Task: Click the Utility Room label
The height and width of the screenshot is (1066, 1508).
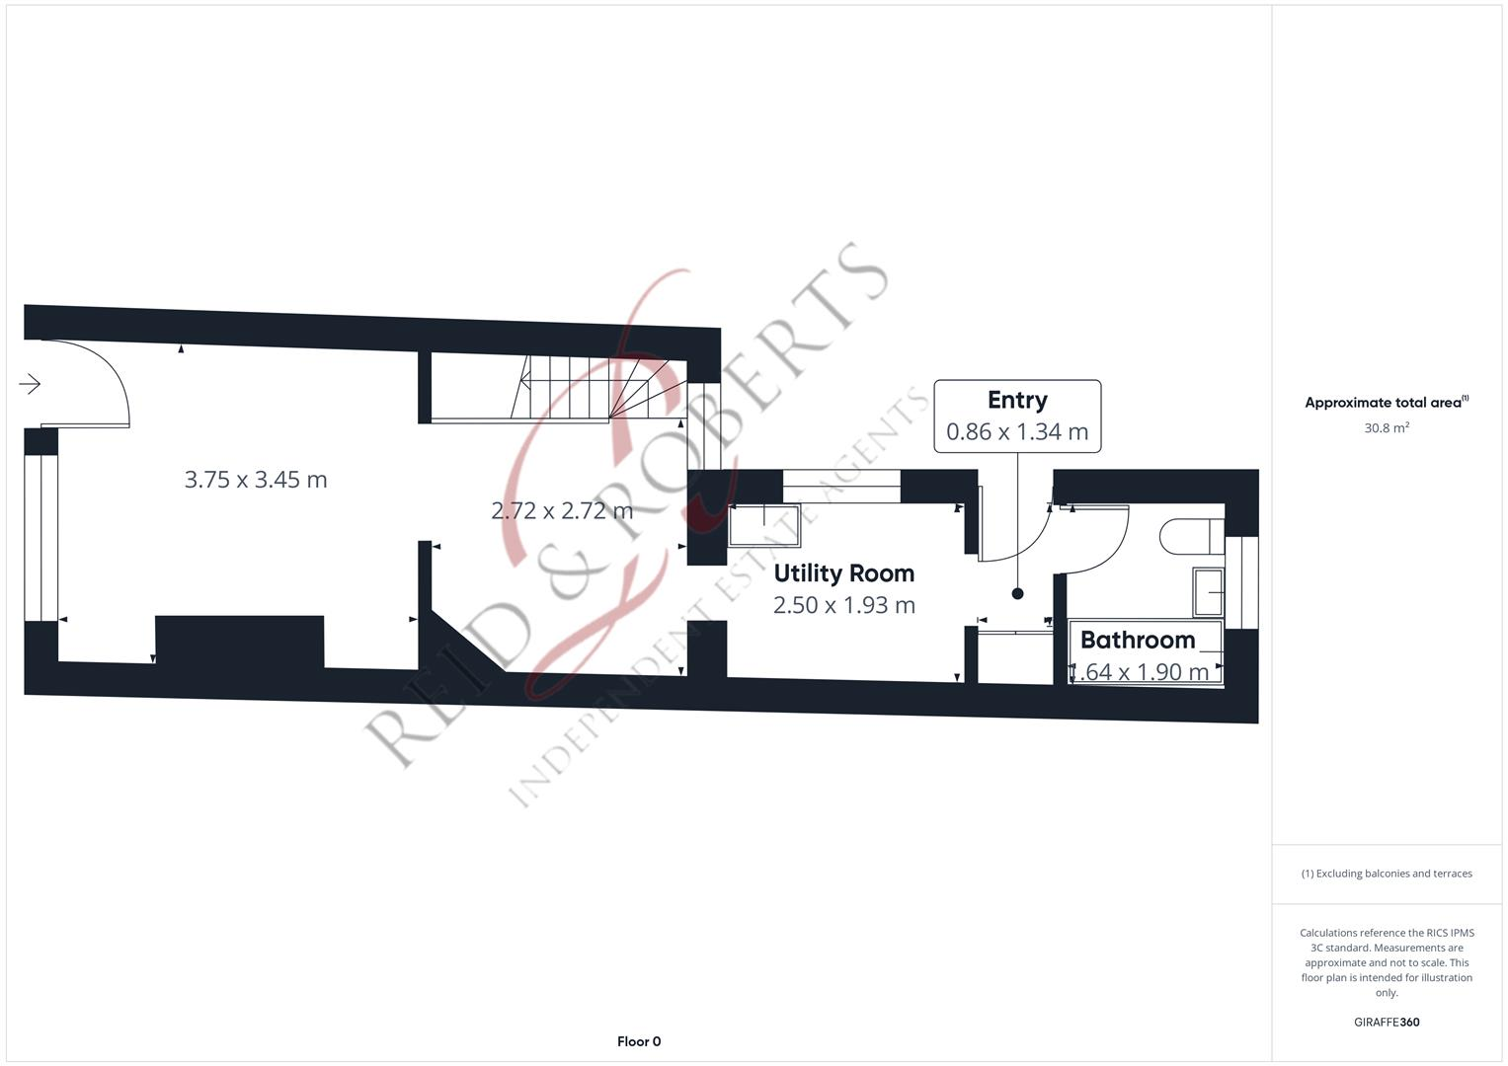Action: (843, 573)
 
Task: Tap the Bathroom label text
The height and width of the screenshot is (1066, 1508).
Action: (1138, 640)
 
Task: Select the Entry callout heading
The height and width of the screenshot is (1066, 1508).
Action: (1017, 400)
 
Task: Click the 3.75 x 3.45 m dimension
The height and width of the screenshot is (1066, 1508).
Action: (256, 480)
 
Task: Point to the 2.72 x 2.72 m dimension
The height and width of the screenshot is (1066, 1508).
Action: (562, 510)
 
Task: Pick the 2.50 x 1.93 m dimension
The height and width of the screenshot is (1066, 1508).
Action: (843, 605)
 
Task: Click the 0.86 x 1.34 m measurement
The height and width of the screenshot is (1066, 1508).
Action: (1017, 431)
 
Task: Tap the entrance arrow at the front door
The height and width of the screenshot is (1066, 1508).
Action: (31, 384)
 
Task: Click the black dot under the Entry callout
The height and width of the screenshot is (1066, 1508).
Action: (1017, 593)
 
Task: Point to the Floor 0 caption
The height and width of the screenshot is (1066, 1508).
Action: (639, 1041)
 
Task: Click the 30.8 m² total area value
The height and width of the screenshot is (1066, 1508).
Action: (1386, 428)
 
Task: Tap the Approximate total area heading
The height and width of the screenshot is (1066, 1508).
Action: (1386, 403)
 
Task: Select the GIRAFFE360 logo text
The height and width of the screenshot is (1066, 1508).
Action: (1386, 1022)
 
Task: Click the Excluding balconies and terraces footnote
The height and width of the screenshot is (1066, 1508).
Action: (1386, 874)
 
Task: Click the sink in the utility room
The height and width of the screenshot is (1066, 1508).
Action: (763, 525)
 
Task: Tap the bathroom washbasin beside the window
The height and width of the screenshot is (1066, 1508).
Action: (1209, 593)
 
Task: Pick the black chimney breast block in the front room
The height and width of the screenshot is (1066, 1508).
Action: (240, 642)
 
